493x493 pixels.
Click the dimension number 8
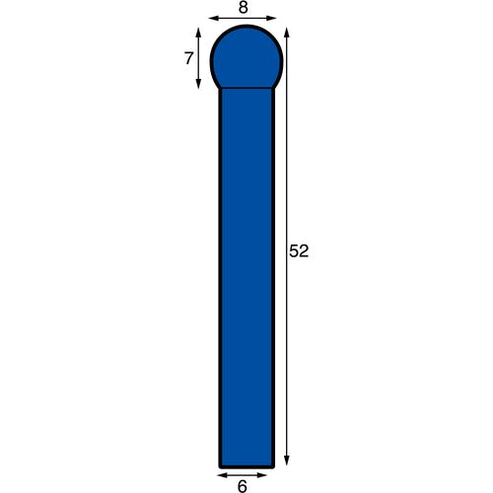(243, 8)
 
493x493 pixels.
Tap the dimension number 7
(188, 58)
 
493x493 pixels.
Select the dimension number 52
(299, 251)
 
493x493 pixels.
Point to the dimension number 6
(242, 486)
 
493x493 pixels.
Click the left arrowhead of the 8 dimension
(213, 18)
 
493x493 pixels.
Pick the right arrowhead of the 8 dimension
(271, 18)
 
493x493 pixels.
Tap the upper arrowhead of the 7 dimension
(198, 33)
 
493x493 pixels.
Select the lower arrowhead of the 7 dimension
(198, 84)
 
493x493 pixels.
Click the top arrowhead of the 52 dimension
(287, 34)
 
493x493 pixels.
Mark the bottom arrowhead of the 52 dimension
(287, 460)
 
